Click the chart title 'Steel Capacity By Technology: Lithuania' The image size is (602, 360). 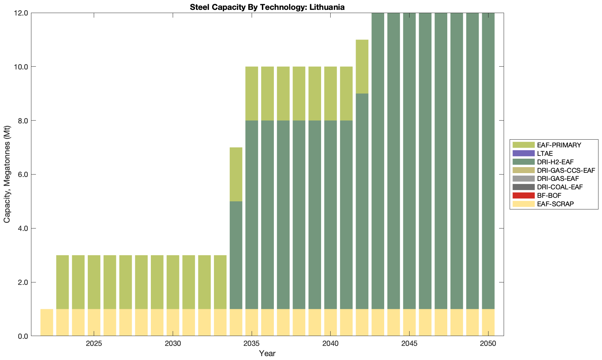(x=267, y=7)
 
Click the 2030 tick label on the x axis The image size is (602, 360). (x=173, y=344)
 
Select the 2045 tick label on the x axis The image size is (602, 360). (x=409, y=344)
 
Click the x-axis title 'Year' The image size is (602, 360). (x=267, y=353)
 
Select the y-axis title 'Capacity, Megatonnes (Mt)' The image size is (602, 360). (x=7, y=175)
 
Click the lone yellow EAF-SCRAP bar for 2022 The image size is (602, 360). (x=47, y=323)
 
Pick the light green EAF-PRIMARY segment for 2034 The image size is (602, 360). (x=236, y=174)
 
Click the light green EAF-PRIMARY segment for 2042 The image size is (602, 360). (x=362, y=66)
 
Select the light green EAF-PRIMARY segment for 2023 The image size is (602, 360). (x=62, y=282)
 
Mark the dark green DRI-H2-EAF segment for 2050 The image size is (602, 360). (x=488, y=161)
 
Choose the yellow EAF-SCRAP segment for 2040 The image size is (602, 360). (x=330, y=323)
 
